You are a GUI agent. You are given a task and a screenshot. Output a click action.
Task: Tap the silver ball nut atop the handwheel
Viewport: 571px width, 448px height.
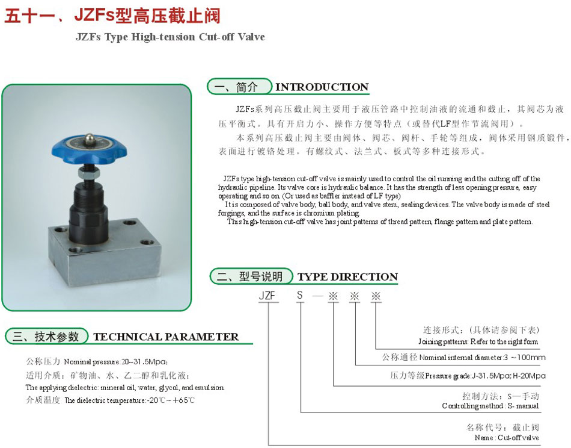[89, 139]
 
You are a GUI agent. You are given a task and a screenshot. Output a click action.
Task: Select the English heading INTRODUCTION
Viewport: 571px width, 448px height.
[322, 87]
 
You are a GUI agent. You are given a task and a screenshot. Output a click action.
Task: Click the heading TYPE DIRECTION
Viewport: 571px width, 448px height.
[347, 277]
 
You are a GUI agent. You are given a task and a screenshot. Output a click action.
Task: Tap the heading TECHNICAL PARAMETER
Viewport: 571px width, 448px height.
[166, 337]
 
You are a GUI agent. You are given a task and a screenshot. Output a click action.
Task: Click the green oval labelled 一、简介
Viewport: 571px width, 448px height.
[240, 87]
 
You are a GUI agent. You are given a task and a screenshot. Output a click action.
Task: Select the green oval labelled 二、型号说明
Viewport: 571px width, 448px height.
[251, 276]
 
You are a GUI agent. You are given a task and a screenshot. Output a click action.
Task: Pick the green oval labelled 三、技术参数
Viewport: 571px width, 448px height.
[47, 337]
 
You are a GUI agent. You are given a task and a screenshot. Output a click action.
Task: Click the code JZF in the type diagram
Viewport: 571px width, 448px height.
[267, 296]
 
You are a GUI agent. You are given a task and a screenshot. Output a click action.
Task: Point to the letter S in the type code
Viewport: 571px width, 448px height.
[300, 295]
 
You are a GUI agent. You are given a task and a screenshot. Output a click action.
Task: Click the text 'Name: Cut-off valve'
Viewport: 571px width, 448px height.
[507, 438]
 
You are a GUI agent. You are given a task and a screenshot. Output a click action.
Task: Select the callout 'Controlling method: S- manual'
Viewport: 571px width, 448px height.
[490, 406]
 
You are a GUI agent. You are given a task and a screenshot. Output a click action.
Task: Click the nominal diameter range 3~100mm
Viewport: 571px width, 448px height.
[524, 358]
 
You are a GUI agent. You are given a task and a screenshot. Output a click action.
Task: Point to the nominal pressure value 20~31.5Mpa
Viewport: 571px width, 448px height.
[144, 362]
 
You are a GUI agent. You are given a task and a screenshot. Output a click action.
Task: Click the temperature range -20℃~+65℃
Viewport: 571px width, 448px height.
[171, 400]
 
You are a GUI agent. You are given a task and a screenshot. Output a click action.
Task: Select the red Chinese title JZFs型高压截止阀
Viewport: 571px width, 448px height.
[147, 15]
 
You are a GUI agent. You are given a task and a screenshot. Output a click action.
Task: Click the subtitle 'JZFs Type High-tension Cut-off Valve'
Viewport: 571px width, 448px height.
[170, 37]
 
